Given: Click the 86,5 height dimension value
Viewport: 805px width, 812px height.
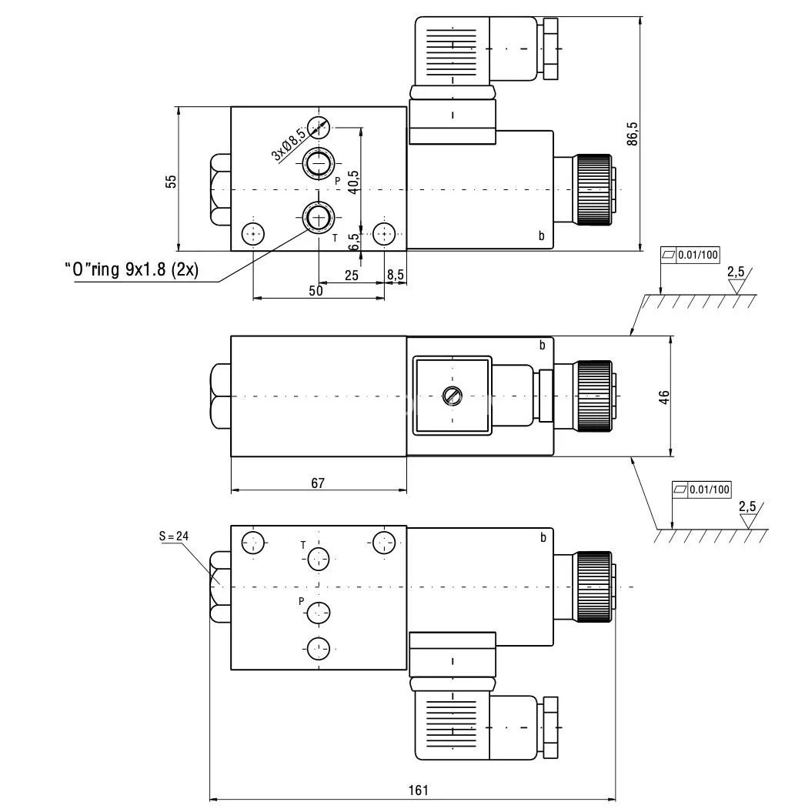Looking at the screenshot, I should (x=633, y=133).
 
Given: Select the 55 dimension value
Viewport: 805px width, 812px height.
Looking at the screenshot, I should (x=171, y=181).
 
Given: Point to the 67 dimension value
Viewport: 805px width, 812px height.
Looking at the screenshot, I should (x=318, y=483).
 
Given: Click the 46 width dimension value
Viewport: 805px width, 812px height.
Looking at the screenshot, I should (x=664, y=396).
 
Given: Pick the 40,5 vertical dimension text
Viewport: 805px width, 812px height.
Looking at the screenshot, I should (x=352, y=182).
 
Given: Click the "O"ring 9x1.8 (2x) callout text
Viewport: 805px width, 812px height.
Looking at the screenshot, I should (x=132, y=270).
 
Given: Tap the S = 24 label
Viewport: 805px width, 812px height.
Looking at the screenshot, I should (x=174, y=536).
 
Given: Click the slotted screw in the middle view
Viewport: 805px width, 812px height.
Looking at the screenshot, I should (x=452, y=396).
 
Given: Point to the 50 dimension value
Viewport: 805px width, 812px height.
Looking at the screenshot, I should (x=316, y=290).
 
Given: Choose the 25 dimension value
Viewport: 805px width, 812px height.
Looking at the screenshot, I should (x=352, y=275).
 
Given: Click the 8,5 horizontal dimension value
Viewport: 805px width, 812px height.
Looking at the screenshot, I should (x=396, y=275).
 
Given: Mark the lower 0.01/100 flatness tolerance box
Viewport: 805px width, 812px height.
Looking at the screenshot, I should (x=701, y=489).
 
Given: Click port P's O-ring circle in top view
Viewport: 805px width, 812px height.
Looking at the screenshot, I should (x=318, y=162).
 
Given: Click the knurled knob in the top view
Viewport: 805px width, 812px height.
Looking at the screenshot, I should (x=593, y=189).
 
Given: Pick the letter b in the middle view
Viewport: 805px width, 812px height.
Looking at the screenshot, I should (x=542, y=346).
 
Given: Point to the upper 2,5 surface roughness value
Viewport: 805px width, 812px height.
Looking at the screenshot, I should (x=736, y=272).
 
